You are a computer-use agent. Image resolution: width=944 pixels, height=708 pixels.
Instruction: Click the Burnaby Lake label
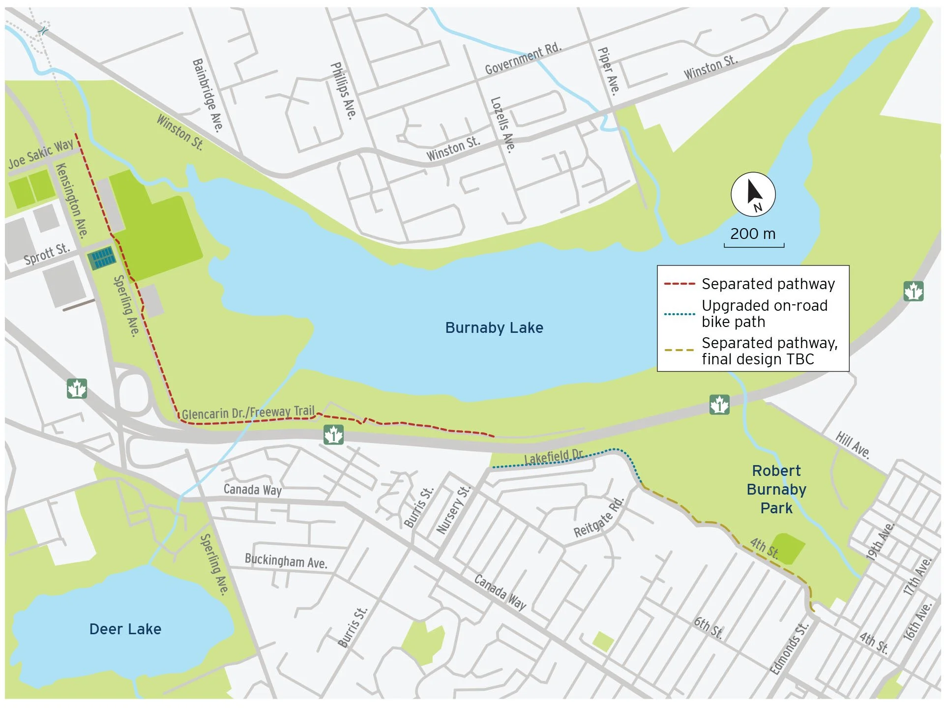point(494,328)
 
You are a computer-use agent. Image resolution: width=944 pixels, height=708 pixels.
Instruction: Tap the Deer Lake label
point(125,629)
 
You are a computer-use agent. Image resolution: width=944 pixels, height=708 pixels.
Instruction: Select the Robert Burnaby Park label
point(776,489)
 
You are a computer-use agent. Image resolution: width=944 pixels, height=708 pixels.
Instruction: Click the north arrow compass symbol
point(753,195)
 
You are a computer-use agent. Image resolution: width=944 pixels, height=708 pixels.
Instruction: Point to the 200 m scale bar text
point(753,234)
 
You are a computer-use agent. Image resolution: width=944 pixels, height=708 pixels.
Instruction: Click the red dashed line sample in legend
point(679,284)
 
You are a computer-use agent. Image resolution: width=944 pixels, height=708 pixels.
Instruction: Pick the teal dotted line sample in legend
point(679,314)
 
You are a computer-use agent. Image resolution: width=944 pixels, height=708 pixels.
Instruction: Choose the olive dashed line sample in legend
point(679,351)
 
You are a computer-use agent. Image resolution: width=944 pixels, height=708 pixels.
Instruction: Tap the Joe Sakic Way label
point(41,154)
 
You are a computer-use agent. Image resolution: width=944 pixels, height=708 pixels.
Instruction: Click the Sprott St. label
point(47,254)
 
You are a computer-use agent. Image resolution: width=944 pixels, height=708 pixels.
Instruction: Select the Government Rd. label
point(523,59)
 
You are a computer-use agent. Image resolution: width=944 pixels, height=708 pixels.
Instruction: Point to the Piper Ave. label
point(609,70)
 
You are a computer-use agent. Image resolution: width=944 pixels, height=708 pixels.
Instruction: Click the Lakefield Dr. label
point(553,457)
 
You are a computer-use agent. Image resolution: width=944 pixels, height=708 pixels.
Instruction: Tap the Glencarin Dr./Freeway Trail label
point(248,413)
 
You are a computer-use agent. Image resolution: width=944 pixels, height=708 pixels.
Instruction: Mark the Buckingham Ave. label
point(286,561)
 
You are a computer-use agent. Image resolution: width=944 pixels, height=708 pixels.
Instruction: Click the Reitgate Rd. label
point(599,518)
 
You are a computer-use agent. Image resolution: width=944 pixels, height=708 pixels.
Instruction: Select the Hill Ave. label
point(853,445)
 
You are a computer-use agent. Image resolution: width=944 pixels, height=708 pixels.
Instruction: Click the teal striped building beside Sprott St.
point(102,258)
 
